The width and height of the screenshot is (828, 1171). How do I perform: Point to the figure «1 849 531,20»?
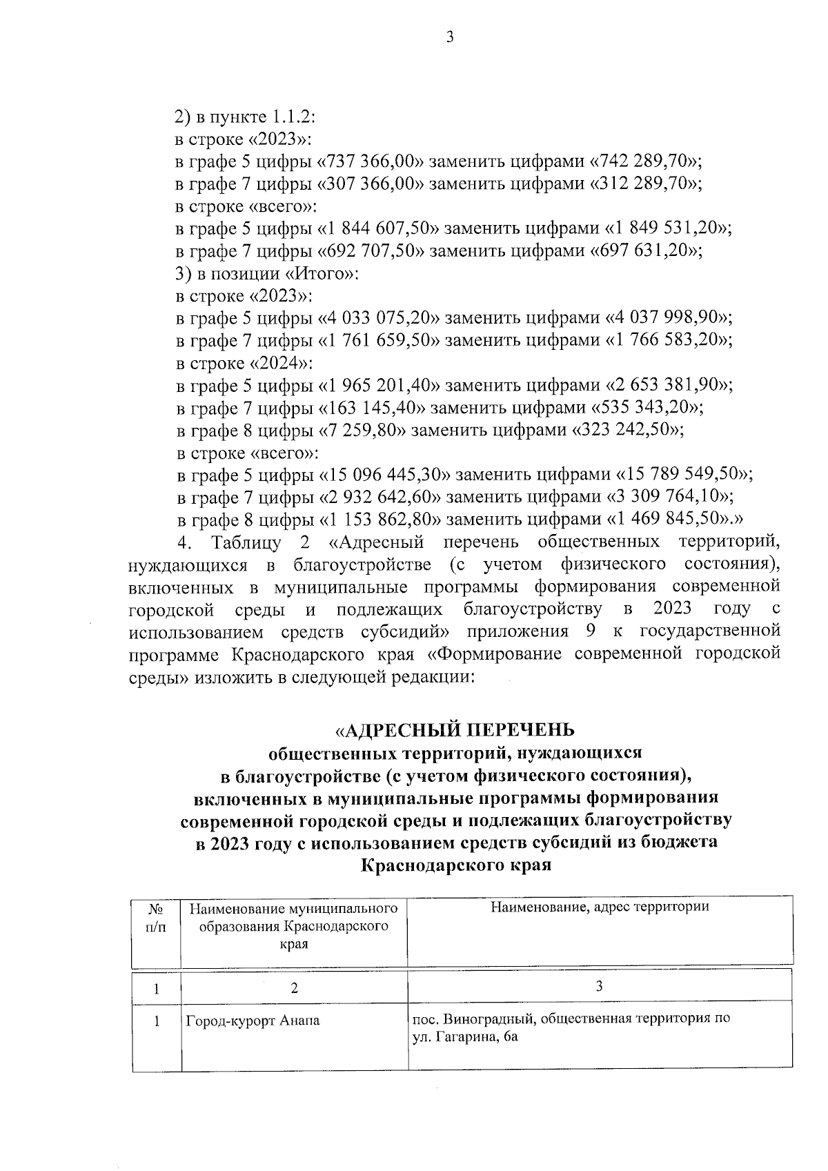point(667,228)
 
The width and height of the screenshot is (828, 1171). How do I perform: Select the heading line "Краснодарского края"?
point(456,865)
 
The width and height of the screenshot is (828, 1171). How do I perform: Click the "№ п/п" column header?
point(157,920)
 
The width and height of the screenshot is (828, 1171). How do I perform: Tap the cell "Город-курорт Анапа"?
point(253,1021)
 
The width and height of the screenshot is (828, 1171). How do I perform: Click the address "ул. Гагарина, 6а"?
point(464,1037)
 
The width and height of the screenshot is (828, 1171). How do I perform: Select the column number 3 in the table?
point(599,986)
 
